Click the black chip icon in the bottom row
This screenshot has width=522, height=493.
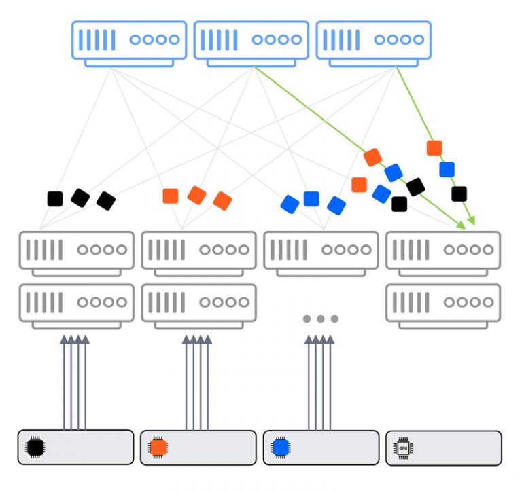34,448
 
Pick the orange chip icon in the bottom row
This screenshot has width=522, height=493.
158,448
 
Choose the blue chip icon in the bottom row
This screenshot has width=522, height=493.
280,448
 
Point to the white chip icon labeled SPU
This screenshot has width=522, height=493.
403,448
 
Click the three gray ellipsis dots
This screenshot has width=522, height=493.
320,318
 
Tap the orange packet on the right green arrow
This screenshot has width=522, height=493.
434,147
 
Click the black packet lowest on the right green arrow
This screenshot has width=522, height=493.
459,194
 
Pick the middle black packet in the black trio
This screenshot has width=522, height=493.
80,198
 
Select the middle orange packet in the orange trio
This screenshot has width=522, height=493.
196,195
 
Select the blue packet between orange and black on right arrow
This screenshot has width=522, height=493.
447,169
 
